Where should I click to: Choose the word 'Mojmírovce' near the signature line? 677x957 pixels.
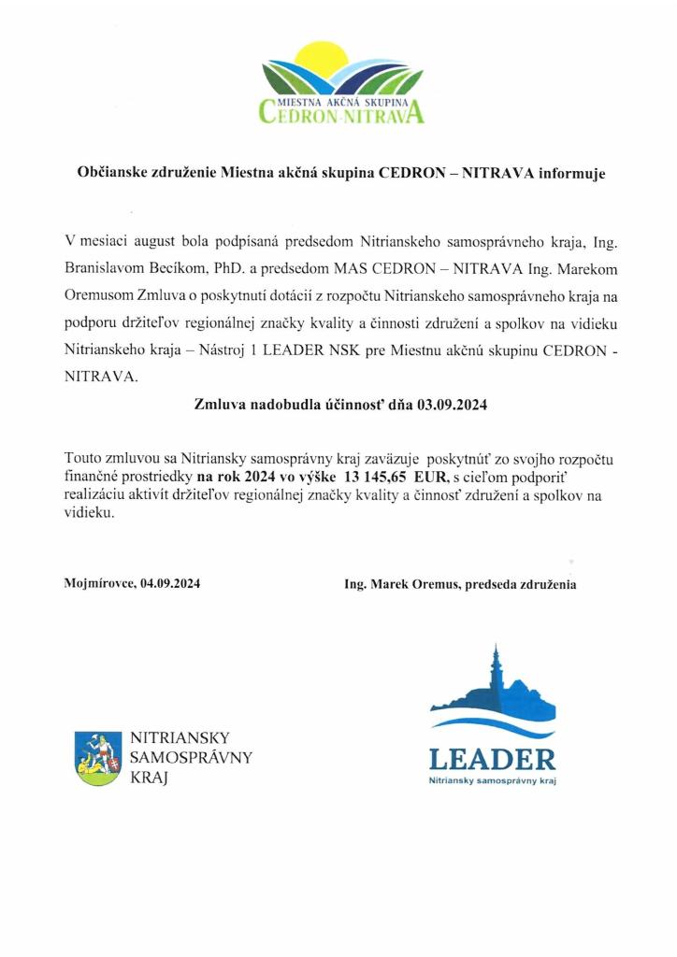click(x=99, y=584)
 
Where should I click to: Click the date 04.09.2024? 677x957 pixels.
click(x=169, y=584)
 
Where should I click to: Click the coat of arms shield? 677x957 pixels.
click(x=98, y=758)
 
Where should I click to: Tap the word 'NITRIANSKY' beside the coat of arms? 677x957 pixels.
click(x=179, y=738)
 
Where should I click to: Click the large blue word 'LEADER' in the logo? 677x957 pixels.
click(x=492, y=758)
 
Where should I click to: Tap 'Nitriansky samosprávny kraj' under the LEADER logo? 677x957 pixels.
click(x=492, y=779)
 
